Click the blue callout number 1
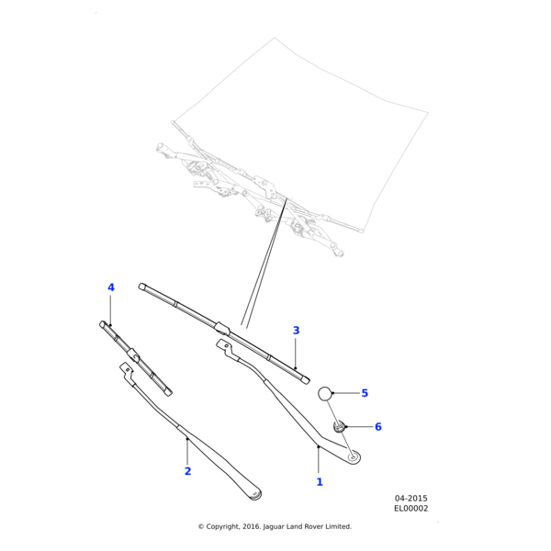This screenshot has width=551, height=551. coord(320,481)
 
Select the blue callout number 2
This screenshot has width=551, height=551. coord(187,471)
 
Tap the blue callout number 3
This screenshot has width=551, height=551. coord(296,331)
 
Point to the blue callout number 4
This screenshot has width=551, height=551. coord(111,287)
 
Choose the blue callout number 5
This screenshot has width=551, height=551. coord(365,393)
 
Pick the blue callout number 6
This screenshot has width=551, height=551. coord(377,427)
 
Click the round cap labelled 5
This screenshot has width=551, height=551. coord(325,394)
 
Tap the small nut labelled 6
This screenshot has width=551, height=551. coord(340,426)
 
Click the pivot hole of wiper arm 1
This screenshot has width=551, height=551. coord(354,455)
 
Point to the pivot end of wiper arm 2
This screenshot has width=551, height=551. coord(255,495)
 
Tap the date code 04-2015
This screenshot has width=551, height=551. coord(410,499)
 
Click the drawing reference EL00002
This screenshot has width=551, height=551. coord(410,509)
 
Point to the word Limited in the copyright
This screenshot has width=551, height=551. coord(336,526)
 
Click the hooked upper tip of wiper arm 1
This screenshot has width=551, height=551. coord(221,344)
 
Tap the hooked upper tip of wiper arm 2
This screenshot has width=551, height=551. coord(125,367)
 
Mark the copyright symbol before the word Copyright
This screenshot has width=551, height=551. coord(201,526)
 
